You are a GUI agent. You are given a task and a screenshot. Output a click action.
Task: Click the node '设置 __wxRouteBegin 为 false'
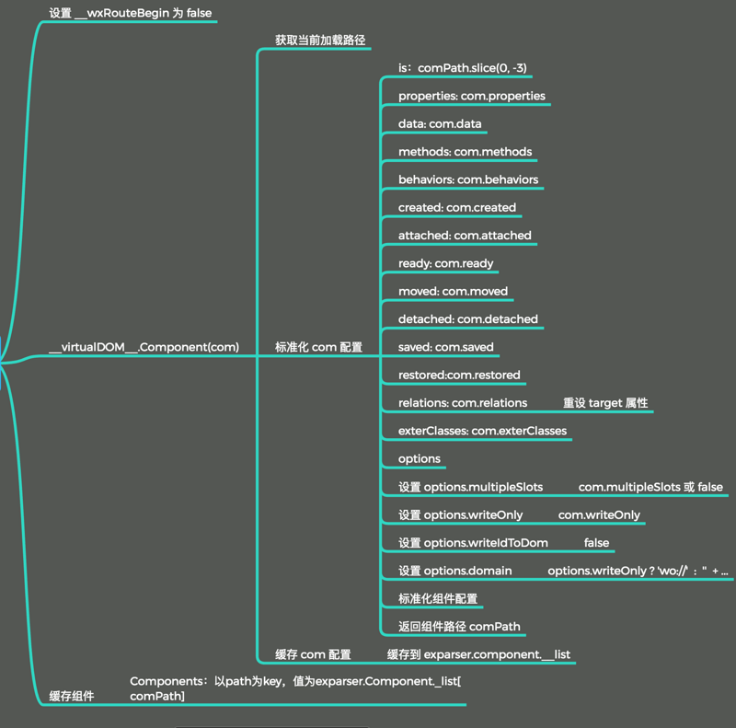(130, 13)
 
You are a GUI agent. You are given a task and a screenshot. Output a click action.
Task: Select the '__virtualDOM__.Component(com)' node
(144, 347)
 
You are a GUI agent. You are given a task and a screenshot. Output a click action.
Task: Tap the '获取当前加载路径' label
(320, 40)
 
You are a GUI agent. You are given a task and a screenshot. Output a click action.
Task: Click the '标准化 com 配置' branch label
(318, 347)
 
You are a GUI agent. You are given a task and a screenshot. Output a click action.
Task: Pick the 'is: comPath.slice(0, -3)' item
(462, 68)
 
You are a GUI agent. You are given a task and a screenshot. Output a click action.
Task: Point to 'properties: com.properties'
(471, 96)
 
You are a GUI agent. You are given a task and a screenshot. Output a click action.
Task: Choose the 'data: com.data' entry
(440, 123)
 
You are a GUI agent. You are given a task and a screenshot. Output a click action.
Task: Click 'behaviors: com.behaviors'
(468, 179)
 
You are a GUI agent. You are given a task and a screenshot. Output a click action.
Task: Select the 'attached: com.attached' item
(465, 235)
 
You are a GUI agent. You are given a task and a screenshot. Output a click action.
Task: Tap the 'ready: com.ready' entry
(445, 263)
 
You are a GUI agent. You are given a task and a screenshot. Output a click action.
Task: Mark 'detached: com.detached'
(467, 318)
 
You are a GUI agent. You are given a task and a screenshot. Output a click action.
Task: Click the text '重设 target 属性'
(605, 403)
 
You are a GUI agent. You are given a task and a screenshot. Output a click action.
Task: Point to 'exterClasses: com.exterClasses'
(482, 431)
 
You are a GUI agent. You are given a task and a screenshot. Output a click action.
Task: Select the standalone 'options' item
(420, 458)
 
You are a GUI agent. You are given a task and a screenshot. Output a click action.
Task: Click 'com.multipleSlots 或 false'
(650, 487)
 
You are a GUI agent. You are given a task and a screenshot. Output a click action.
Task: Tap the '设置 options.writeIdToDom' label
(473, 542)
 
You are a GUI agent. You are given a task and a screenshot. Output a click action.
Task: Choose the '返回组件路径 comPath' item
(459, 627)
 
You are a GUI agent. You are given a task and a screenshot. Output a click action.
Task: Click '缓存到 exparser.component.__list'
(478, 654)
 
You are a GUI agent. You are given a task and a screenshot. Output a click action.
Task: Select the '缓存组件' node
(72, 697)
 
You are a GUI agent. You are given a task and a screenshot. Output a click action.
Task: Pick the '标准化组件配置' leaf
(438, 598)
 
